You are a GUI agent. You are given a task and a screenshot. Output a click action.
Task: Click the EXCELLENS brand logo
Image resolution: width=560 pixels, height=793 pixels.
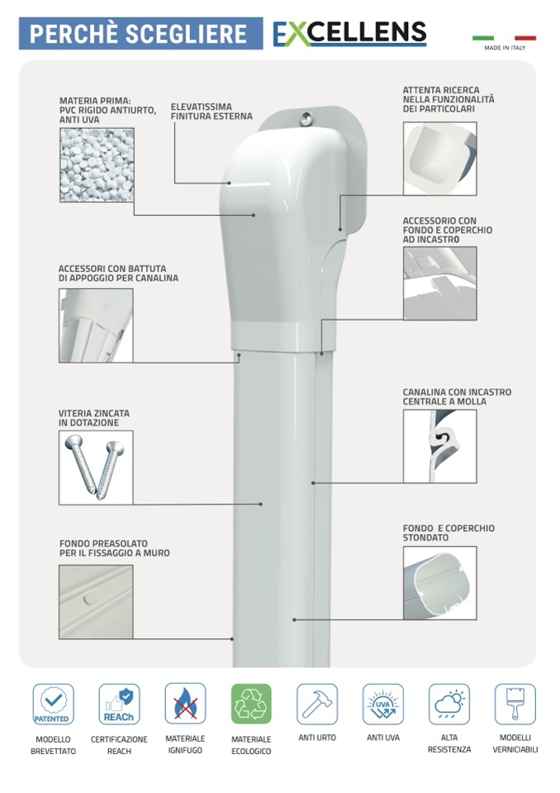click(x=349, y=33)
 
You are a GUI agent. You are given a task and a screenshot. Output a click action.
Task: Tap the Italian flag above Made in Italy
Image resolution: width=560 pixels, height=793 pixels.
click(x=504, y=38)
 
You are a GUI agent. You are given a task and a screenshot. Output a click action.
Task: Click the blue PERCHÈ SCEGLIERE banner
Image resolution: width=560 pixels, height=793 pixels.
click(x=141, y=33)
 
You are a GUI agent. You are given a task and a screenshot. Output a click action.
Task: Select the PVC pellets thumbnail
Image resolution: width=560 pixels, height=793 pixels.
click(x=97, y=165)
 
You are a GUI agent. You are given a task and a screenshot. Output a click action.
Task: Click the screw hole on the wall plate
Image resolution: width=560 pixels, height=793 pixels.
click(x=306, y=119)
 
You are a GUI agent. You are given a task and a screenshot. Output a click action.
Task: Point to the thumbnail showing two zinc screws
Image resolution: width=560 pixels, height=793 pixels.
click(x=96, y=468)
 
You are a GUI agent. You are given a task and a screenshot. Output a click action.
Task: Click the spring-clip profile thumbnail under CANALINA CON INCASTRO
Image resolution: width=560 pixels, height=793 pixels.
click(x=439, y=446)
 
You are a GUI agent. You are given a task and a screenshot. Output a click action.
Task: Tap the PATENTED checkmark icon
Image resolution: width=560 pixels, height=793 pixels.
click(x=53, y=704)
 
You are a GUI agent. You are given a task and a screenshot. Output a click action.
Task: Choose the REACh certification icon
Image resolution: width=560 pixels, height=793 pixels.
click(x=119, y=704)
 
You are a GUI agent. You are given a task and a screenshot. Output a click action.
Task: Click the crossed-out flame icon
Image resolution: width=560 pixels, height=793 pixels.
click(x=185, y=704)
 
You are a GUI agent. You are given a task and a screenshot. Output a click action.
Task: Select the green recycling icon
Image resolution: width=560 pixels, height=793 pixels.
click(x=251, y=704)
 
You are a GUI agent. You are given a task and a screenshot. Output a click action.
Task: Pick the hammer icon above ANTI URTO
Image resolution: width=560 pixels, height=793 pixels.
click(x=317, y=704)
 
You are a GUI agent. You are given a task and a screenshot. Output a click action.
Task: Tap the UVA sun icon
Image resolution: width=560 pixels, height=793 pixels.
click(x=383, y=704)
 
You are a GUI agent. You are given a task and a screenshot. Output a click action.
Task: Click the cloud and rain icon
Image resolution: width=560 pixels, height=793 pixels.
click(x=449, y=704)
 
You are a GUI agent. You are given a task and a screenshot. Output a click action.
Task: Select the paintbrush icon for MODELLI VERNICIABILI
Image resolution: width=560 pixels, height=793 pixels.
click(x=515, y=704)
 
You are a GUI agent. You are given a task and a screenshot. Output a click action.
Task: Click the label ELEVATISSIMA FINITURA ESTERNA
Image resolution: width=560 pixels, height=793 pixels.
click(x=211, y=112)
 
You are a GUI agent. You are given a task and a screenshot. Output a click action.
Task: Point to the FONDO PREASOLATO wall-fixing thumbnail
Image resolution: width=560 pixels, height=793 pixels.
click(x=96, y=602)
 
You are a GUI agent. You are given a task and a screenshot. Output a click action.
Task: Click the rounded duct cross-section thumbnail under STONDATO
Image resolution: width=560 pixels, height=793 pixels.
click(x=439, y=583)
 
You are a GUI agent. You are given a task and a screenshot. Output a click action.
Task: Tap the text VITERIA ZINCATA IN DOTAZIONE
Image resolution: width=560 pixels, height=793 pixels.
click(x=94, y=418)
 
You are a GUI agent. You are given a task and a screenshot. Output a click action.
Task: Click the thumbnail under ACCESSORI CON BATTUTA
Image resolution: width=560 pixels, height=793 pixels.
click(x=96, y=325)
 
